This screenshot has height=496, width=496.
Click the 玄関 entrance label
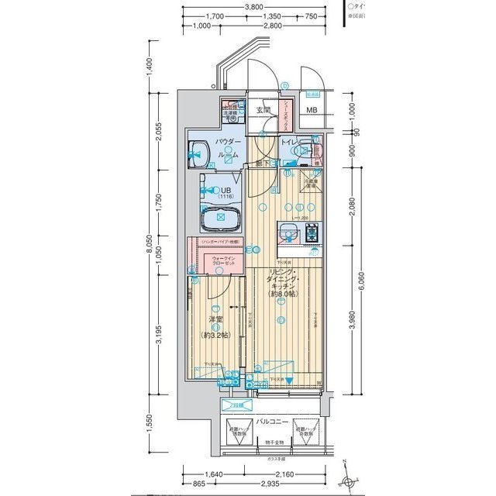pyautogui.click(x=263, y=110)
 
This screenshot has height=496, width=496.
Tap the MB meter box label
pyautogui.click(x=311, y=110)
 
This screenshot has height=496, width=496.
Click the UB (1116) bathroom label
pyautogui.click(x=226, y=192)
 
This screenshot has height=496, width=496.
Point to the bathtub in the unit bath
pyautogui.click(x=221, y=219)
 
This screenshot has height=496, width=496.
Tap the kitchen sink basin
pyautogui.click(x=285, y=231)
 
